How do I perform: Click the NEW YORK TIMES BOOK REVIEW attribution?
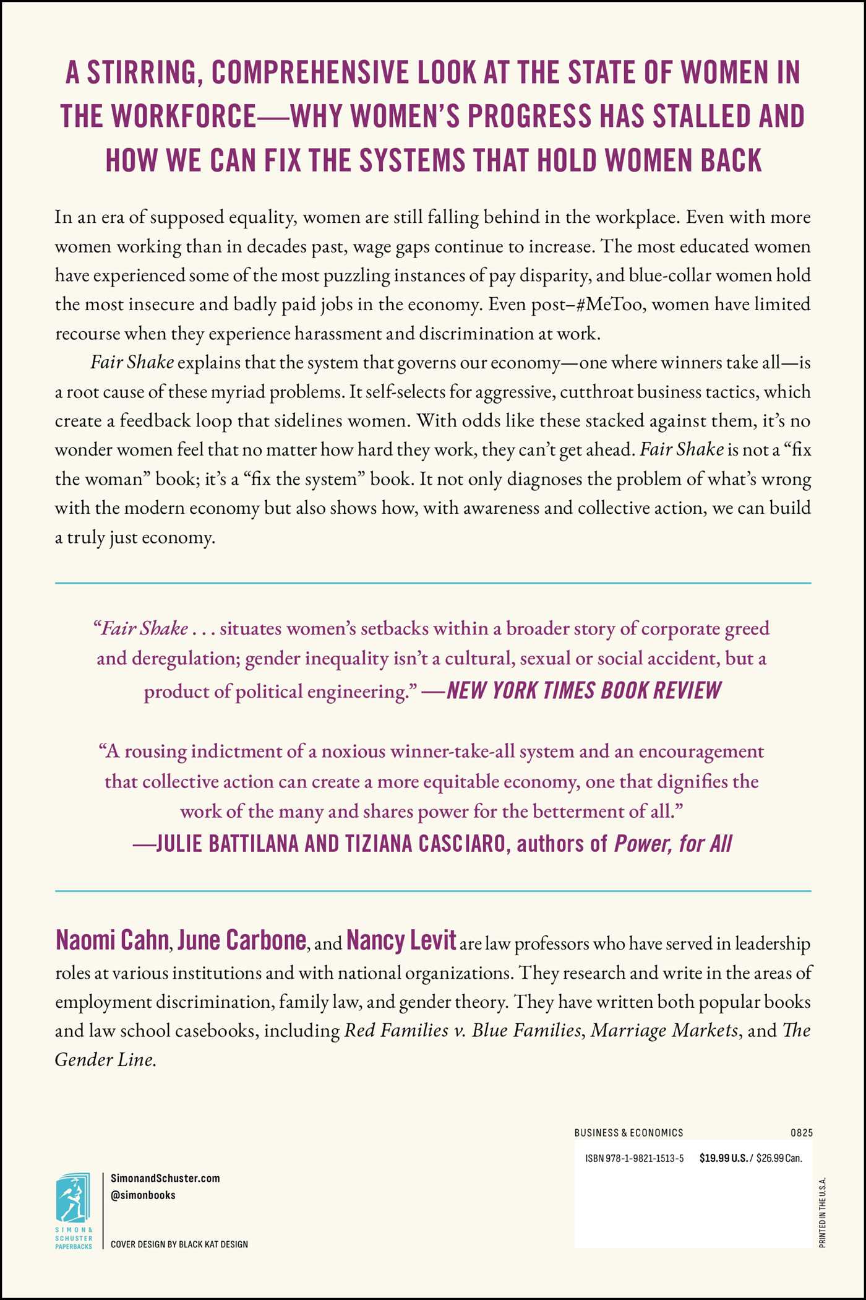click(583, 690)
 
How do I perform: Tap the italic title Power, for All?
click(673, 843)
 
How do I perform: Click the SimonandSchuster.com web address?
click(165, 1178)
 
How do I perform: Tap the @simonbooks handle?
click(143, 1195)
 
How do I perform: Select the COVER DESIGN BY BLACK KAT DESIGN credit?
click(179, 1244)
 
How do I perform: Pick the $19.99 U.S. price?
click(723, 1158)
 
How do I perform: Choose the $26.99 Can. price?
click(779, 1158)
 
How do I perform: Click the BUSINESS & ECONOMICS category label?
click(628, 1133)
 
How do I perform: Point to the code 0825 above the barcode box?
click(801, 1133)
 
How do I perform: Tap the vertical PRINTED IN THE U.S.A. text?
click(822, 1212)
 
